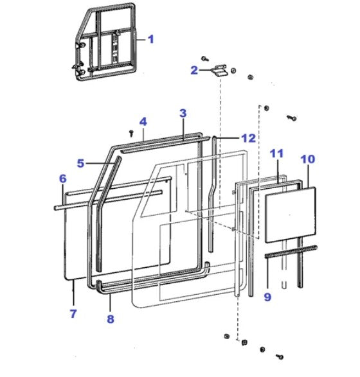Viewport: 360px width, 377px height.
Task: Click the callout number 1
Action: pyautogui.click(x=151, y=39)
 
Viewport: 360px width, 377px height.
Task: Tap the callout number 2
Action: pyautogui.click(x=194, y=70)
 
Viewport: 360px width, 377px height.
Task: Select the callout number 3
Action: pyautogui.click(x=183, y=113)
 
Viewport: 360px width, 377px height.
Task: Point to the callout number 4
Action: pyautogui.click(x=143, y=121)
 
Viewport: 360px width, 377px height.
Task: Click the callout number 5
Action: pyautogui.click(x=80, y=163)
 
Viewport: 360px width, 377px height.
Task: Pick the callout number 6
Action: pyautogui.click(x=62, y=179)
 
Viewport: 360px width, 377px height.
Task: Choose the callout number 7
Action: pyautogui.click(x=73, y=313)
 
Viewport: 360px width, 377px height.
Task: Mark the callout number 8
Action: pyautogui.click(x=111, y=319)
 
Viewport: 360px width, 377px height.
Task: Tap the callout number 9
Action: pyautogui.click(x=267, y=297)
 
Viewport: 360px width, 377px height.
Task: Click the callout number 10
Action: pyautogui.click(x=308, y=159)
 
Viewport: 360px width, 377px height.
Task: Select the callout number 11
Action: pyautogui.click(x=276, y=153)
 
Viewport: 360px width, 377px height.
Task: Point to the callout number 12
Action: pyautogui.click(x=248, y=138)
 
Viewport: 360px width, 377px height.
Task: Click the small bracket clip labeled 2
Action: pyautogui.click(x=220, y=70)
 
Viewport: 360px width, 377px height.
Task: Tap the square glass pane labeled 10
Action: pyautogui.click(x=290, y=215)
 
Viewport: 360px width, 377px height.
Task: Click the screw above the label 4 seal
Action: pyautogui.click(x=131, y=133)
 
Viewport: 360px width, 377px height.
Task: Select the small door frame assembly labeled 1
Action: pyautogui.click(x=105, y=42)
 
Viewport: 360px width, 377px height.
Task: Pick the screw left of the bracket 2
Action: pyautogui.click(x=205, y=58)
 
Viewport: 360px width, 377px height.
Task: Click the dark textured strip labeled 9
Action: pyautogui.click(x=291, y=252)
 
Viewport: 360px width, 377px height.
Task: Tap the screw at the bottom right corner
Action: pyautogui.click(x=280, y=356)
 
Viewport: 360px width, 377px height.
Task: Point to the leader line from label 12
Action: pyautogui.click(x=228, y=138)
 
